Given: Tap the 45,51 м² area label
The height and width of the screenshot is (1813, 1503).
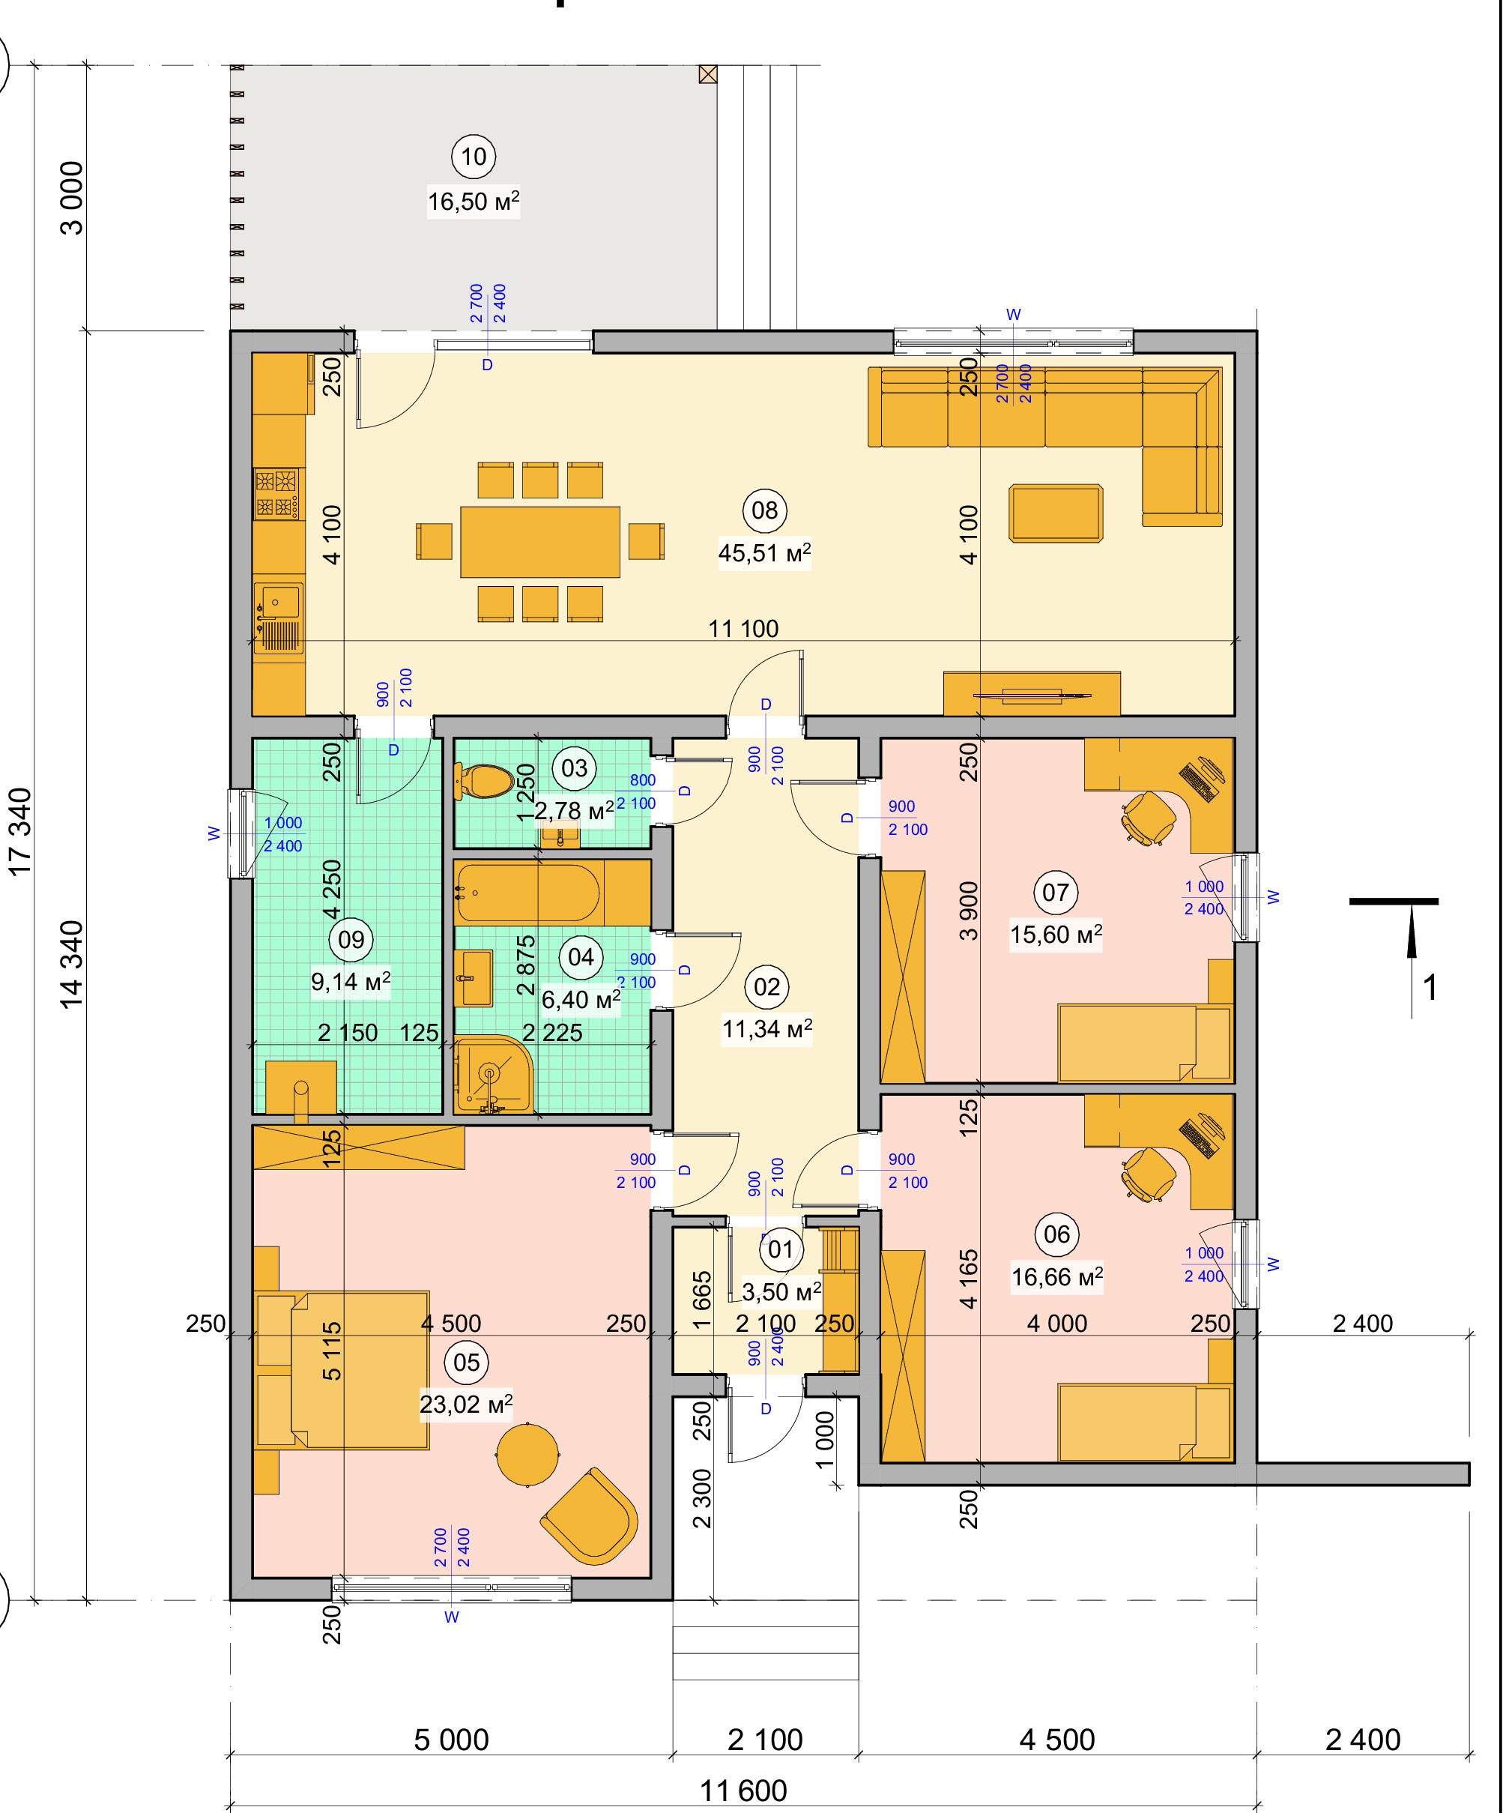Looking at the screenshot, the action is tap(764, 552).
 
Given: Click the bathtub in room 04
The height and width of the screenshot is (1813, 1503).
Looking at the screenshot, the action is tap(527, 893).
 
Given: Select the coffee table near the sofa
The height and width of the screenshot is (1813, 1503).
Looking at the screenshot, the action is tap(1056, 513).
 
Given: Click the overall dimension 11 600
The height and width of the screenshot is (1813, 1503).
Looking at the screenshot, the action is tap(743, 1791).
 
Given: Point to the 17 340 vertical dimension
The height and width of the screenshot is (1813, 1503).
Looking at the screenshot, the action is tap(21, 830).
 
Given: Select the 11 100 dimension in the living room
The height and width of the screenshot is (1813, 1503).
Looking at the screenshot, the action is tap(743, 629).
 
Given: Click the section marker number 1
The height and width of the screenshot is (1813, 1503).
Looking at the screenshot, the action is tap(1430, 988).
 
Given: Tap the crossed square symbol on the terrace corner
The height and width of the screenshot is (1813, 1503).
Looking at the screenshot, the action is tap(708, 74).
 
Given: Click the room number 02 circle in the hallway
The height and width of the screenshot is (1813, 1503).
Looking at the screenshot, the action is tap(766, 987).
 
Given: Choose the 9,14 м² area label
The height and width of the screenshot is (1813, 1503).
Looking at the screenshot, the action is tap(351, 982).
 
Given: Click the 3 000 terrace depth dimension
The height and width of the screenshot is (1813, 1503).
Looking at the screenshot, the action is tap(73, 198).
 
